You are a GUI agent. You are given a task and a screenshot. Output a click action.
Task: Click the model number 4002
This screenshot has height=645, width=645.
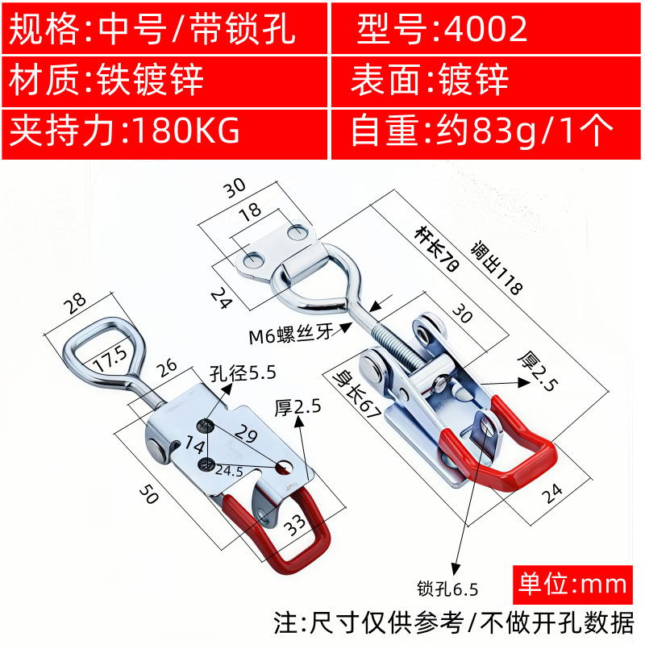point(481,30)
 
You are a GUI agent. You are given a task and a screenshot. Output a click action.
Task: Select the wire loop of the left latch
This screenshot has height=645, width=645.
point(101,351)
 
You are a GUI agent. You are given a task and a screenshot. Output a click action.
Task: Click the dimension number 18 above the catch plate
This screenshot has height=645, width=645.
point(251,211)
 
